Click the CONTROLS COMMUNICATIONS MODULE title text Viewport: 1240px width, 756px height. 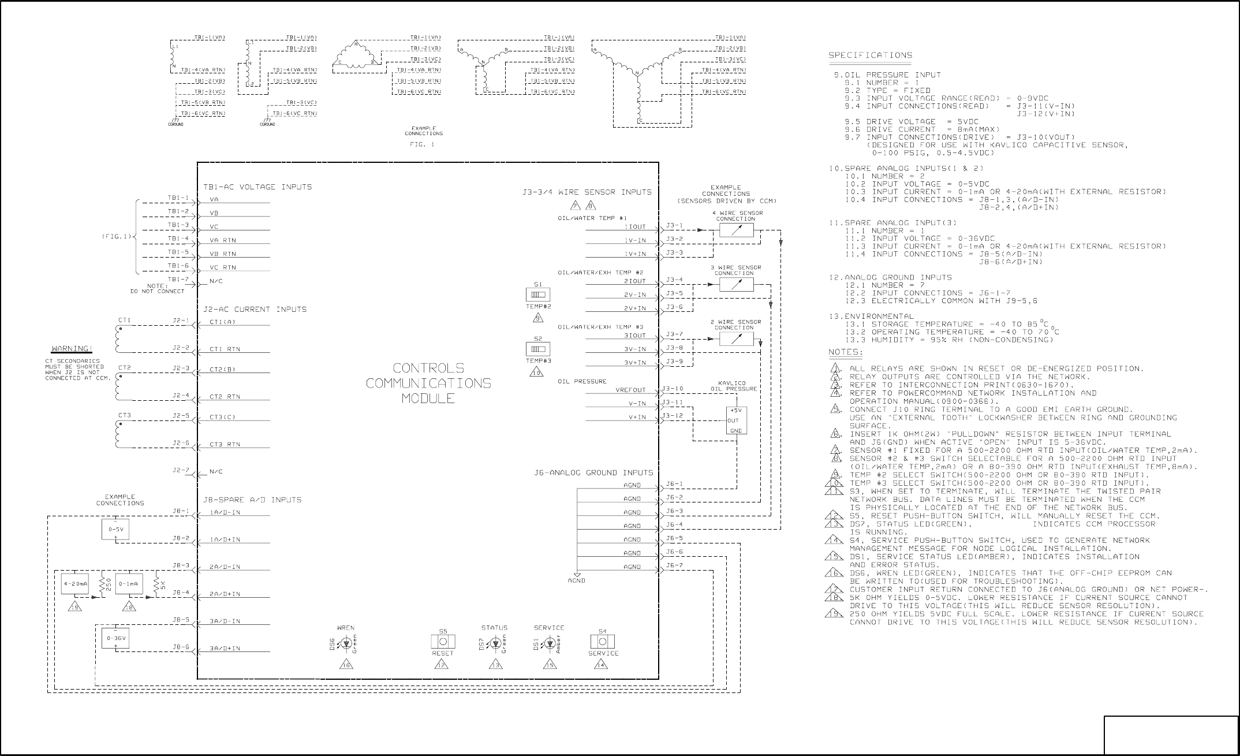(x=428, y=383)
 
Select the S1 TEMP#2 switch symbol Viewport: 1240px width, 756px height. (x=538, y=295)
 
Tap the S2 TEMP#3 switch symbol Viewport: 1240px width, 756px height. (x=538, y=349)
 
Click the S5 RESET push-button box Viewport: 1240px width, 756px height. (x=443, y=642)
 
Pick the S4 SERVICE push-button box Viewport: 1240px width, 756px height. (x=602, y=642)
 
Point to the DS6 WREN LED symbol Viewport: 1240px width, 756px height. (x=346, y=643)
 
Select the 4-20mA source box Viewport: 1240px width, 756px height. (x=75, y=584)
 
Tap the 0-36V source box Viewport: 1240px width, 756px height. (x=115, y=638)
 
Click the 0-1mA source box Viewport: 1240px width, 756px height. (x=129, y=584)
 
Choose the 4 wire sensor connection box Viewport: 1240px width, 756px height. (x=736, y=230)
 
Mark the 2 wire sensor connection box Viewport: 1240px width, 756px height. (x=736, y=339)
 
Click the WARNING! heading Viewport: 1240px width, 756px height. (x=72, y=349)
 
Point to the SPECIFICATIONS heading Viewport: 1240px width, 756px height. (x=871, y=55)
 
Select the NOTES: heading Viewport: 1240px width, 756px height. (x=846, y=352)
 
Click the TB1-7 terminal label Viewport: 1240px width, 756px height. (x=178, y=280)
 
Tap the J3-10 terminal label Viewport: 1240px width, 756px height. (x=673, y=389)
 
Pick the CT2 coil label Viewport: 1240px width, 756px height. (x=125, y=368)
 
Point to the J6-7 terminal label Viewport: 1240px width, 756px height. (x=674, y=566)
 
